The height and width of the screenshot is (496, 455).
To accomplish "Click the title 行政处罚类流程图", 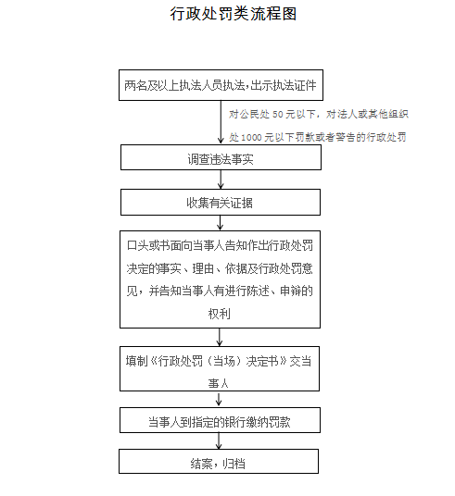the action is coord(234,14).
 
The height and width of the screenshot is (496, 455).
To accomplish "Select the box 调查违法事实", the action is coord(221,157).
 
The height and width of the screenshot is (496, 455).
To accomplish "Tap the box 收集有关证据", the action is coord(221,203).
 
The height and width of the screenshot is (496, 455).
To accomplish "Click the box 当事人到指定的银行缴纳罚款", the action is coord(220,420).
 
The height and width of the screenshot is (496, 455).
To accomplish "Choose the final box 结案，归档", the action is coord(219,461).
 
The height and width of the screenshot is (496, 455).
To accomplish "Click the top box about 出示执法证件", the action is coord(221,85).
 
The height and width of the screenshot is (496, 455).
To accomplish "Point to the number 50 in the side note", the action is coord(278,114).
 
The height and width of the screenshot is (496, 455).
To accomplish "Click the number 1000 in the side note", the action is coord(251,138).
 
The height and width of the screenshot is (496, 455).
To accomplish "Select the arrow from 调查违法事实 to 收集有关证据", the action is coord(221,180).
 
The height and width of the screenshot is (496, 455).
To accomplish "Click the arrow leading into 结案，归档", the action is coord(219,440).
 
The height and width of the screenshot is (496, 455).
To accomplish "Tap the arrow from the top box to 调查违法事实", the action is coord(221,122).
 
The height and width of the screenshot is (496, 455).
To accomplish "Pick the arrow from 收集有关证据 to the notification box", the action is coord(220,223).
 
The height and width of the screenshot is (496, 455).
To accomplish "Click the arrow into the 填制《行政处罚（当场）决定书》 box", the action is coord(220,337).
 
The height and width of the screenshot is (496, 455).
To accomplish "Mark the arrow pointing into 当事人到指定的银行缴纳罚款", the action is coord(219,399).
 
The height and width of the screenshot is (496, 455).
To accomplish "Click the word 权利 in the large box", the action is coord(220,314).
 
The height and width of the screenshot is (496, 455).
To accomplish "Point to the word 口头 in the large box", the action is coord(137,246).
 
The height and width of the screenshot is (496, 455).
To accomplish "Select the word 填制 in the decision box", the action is coord(136,361).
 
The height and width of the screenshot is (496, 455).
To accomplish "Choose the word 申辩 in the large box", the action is coord(291,291).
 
